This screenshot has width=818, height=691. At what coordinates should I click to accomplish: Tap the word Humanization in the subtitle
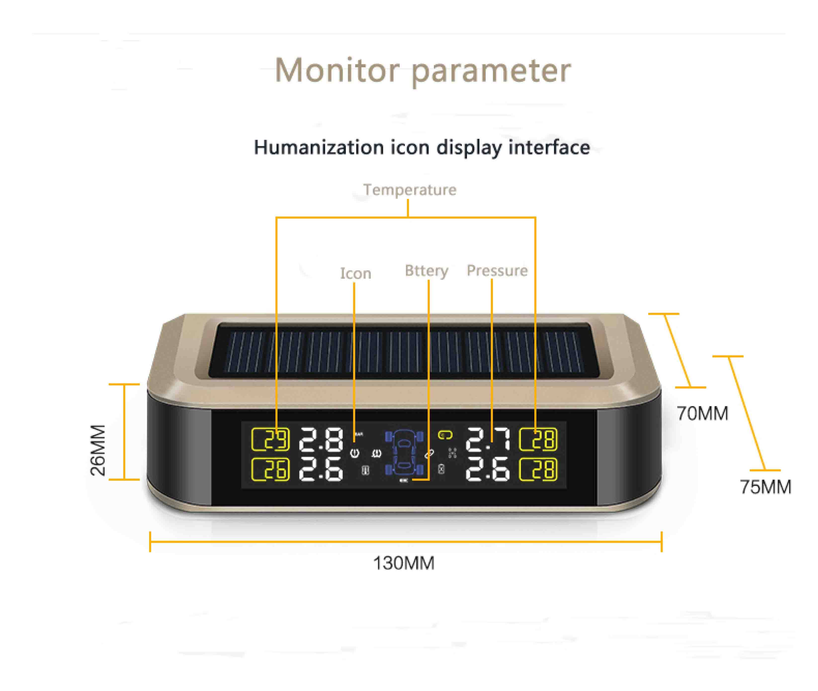(319, 148)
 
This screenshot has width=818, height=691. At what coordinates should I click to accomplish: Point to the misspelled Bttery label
(426, 271)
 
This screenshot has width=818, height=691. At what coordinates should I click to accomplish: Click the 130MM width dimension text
(404, 563)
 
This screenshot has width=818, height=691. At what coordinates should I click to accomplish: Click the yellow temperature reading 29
(270, 439)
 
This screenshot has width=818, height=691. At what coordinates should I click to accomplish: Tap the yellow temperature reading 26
(270, 469)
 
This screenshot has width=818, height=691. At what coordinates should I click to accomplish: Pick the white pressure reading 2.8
(321, 439)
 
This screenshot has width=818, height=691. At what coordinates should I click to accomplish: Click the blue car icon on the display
(404, 453)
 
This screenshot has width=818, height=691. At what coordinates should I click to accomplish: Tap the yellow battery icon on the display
(445, 435)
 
